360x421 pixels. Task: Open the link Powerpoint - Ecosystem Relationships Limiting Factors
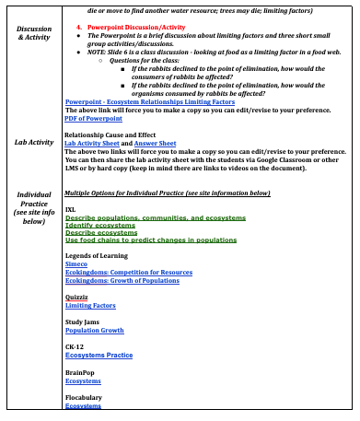149,101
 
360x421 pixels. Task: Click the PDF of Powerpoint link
94,119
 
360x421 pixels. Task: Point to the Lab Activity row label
34,143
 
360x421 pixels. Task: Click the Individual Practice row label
34,208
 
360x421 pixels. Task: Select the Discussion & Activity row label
34,34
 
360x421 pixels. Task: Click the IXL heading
70,209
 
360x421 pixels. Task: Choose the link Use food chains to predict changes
150,240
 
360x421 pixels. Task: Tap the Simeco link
76,263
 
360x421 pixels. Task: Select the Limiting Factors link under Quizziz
90,305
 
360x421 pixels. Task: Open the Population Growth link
94,330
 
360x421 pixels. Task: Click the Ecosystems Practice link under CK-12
99,355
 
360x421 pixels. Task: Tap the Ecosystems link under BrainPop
83,380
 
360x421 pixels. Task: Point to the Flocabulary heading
84,397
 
